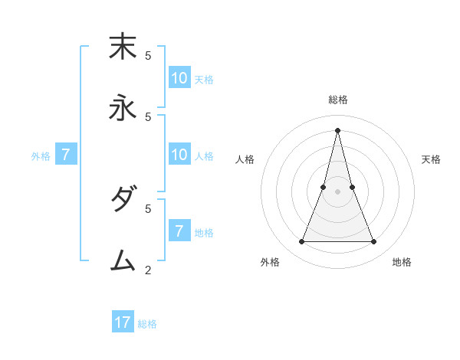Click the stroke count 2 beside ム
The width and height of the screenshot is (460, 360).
(x=148, y=270)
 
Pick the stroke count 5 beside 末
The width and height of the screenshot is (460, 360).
(x=148, y=55)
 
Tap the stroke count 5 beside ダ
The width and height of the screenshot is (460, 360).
(x=148, y=208)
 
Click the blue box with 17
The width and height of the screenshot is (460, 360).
(x=123, y=322)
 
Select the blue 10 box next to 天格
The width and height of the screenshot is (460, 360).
(x=179, y=78)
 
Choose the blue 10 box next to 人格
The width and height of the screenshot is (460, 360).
(x=179, y=155)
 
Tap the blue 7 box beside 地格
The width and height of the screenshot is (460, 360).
(x=179, y=231)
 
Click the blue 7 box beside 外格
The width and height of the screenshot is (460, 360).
(x=66, y=155)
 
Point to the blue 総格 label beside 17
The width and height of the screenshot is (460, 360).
(x=147, y=324)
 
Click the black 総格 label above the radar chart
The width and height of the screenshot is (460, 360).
(x=337, y=100)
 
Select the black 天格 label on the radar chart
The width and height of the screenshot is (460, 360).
(x=431, y=159)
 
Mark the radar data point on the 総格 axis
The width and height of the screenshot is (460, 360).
(x=337, y=129)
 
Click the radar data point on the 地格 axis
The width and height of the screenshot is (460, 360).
(x=374, y=242)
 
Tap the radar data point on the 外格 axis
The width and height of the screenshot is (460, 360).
(x=301, y=242)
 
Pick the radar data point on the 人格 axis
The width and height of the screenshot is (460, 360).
(x=323, y=187)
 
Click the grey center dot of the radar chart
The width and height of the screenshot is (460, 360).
(x=337, y=191)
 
